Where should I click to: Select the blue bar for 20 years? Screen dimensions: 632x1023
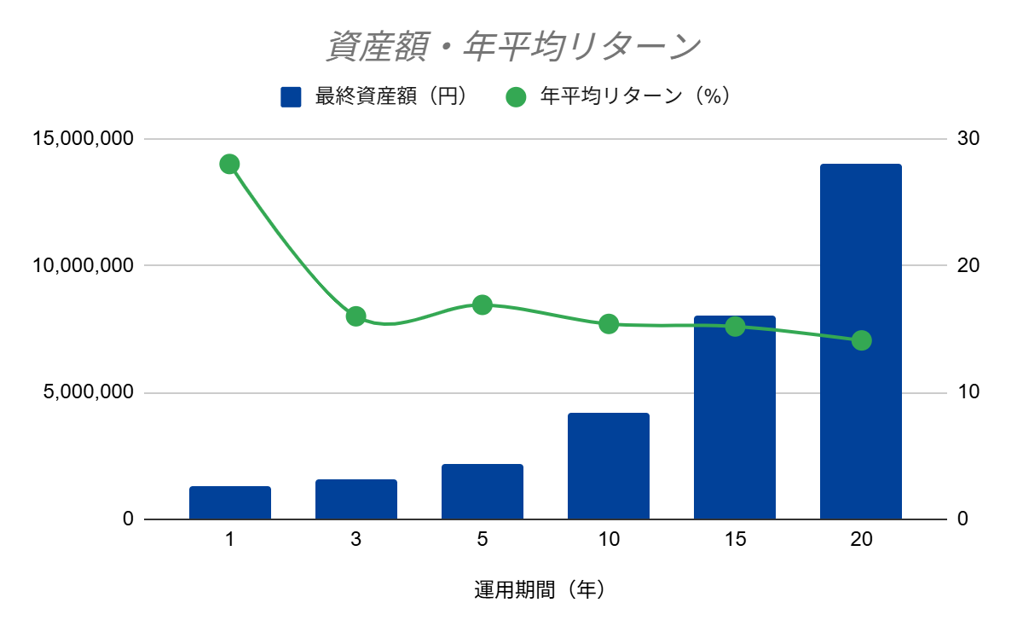click(x=860, y=341)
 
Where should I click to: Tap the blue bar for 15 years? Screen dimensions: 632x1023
click(x=735, y=418)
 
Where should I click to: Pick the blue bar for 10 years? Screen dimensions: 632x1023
click(x=609, y=466)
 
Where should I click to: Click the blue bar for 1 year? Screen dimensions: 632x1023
click(x=230, y=502)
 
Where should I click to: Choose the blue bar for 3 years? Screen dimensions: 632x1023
click(x=356, y=499)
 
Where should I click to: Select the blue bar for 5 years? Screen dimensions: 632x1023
click(x=483, y=491)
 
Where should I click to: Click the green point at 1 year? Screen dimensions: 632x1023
click(x=229, y=164)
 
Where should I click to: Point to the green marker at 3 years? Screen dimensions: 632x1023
click(x=355, y=316)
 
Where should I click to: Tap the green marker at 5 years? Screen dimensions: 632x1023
click(x=483, y=304)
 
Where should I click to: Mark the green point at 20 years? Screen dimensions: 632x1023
click(x=861, y=340)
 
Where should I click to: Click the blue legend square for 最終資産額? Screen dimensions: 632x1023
click(x=291, y=97)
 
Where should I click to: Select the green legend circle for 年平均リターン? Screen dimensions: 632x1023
click(x=516, y=97)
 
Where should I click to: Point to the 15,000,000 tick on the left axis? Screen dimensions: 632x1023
click(x=84, y=138)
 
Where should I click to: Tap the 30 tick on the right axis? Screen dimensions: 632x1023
click(x=968, y=138)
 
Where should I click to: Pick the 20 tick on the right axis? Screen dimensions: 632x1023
click(x=968, y=265)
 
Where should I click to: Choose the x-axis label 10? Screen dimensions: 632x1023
click(x=609, y=539)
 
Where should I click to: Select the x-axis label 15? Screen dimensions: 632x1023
click(x=735, y=539)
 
